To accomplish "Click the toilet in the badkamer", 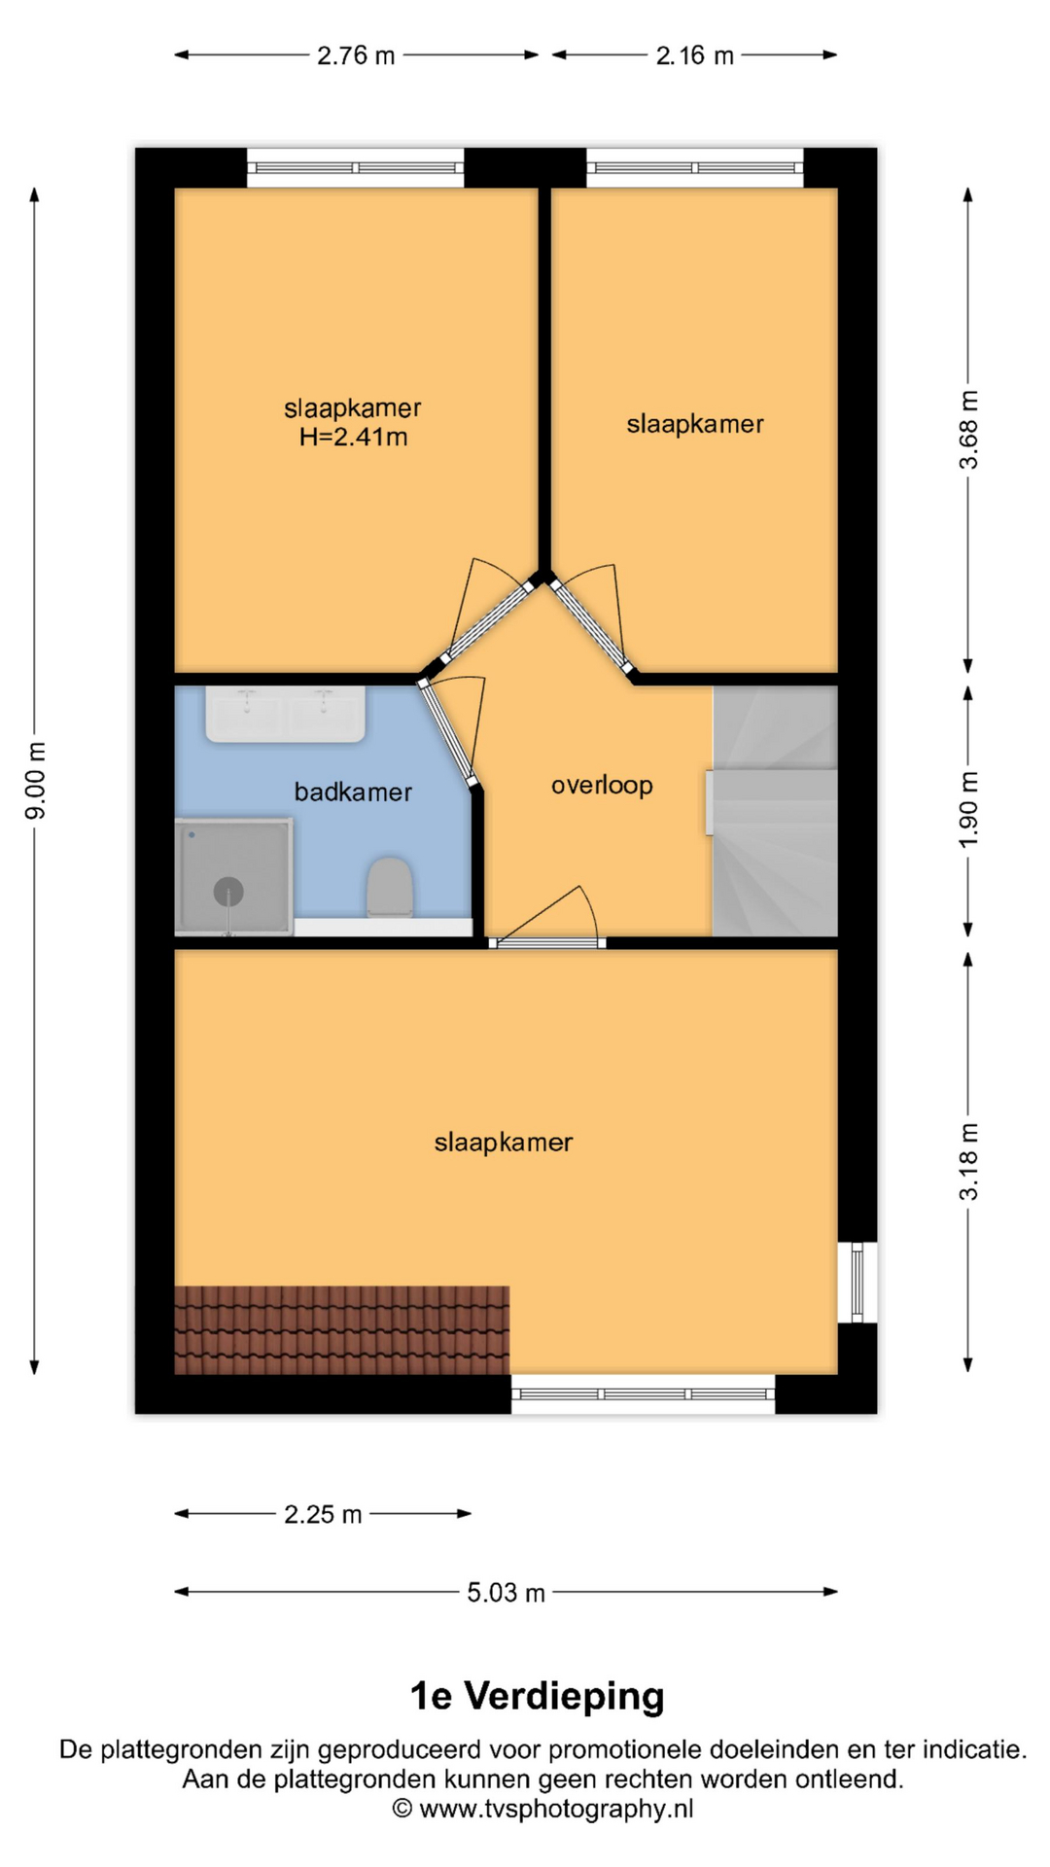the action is pyautogui.click(x=390, y=887).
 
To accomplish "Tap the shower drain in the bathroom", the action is pyautogui.click(x=228, y=891).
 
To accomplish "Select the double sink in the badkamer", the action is pyautogui.click(x=285, y=715).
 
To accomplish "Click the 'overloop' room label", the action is pyautogui.click(x=602, y=786).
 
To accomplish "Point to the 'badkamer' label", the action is pyautogui.click(x=353, y=793).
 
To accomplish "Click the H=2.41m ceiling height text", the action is pyautogui.click(x=353, y=438).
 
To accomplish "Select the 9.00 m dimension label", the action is pyautogui.click(x=36, y=780).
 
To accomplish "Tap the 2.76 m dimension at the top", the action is pyautogui.click(x=356, y=55).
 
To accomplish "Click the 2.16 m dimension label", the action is pyautogui.click(x=694, y=55).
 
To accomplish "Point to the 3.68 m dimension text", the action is pyautogui.click(x=969, y=430).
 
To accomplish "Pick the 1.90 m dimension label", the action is pyautogui.click(x=969, y=809).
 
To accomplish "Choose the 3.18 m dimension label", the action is pyautogui.click(x=969, y=1161).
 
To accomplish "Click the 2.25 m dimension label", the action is pyautogui.click(x=323, y=1514).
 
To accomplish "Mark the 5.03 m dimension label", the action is pyautogui.click(x=506, y=1593).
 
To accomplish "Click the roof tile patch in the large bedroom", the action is pyautogui.click(x=341, y=1329).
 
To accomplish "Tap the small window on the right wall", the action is pyautogui.click(x=857, y=1282).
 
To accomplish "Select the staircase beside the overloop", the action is pyautogui.click(x=775, y=811).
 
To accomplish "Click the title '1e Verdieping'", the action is pyautogui.click(x=537, y=1696).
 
